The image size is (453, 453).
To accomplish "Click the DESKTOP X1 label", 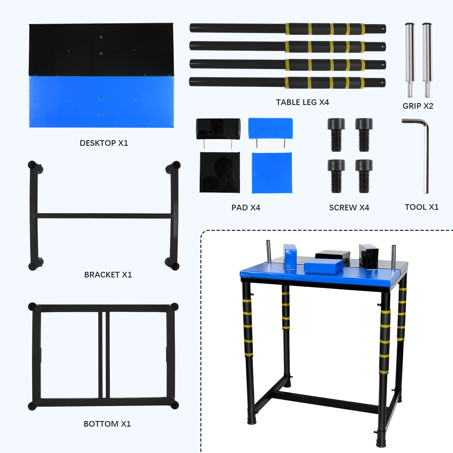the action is pos(104,143).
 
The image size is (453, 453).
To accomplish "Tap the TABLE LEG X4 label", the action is pos(302,102).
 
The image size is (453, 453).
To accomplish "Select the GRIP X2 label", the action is pos(418,106).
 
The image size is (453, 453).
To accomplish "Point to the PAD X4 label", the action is pos(246,208).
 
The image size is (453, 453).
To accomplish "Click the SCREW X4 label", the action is pos(349,208).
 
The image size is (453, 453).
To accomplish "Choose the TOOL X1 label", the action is pos(422,207).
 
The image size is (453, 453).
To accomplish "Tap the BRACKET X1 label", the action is pos(108,275).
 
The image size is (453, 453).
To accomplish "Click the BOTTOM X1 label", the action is pos(107,424).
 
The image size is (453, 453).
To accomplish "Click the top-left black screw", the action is pos(336,135).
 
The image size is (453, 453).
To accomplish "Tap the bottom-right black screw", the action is pos(364,176).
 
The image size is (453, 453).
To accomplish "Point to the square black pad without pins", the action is pos(220,172).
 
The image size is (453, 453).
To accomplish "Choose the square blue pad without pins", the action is pos(272,173).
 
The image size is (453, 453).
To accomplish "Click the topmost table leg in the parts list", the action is pos(288,29).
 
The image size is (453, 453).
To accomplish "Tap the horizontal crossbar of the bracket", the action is pos(104,216).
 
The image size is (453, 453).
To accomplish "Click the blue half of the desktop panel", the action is pos(101,101).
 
